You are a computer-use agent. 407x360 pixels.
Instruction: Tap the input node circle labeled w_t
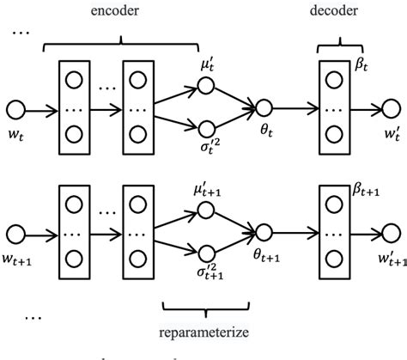(15, 109)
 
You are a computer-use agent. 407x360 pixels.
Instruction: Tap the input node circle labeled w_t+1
(15, 233)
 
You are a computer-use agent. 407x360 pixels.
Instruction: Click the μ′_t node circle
(204, 86)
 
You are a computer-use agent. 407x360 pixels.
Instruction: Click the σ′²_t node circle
(204, 131)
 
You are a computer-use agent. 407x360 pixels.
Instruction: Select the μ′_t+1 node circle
(204, 209)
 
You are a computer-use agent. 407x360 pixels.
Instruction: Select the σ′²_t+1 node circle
(204, 255)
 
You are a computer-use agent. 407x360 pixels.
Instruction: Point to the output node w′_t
(392, 109)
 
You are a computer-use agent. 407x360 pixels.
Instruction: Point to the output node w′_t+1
(392, 233)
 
